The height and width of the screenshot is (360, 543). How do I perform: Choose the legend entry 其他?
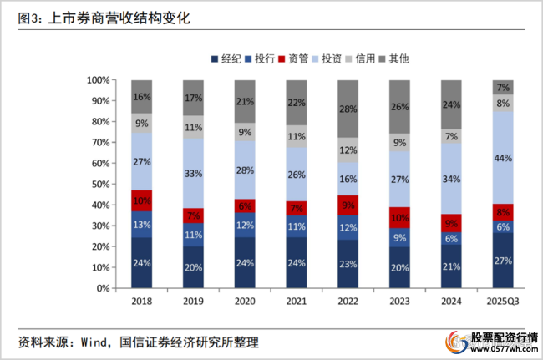pos(394,58)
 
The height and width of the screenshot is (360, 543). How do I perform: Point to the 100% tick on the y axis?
pos(96,80)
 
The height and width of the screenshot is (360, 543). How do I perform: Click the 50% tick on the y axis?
pos(99,184)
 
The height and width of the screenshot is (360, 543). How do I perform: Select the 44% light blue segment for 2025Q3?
pos(503,158)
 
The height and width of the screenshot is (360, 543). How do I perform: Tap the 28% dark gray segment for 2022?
pos(348,109)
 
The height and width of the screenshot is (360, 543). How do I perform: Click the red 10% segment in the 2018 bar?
pos(141,200)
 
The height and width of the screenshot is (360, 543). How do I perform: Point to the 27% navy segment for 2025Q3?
pos(503,260)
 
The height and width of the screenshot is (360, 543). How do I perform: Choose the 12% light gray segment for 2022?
pos(348,150)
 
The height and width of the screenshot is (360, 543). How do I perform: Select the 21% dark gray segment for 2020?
pos(245,102)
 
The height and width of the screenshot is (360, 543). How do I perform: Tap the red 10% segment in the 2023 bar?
pos(399,218)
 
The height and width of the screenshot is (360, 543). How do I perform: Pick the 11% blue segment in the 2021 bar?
pos(297,226)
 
